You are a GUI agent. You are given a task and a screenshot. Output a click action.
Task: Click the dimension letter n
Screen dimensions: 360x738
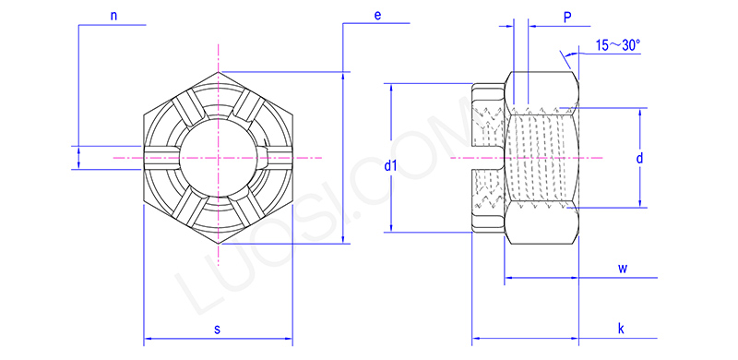[x=113, y=16]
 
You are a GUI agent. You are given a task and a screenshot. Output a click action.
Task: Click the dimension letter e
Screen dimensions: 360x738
[x=378, y=16]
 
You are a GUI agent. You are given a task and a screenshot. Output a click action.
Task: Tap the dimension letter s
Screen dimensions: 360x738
[x=217, y=329]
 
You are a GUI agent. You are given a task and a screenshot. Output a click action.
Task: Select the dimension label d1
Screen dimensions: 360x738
[x=390, y=166]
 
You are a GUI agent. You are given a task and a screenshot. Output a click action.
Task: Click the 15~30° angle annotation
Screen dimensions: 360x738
[x=617, y=44]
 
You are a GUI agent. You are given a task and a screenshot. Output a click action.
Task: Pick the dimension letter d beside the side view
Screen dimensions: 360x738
[x=639, y=159]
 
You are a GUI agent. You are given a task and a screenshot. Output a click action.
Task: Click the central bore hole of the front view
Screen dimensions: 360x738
[x=219, y=157]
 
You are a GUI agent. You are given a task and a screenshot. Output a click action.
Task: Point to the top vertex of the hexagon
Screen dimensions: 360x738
[x=219, y=71]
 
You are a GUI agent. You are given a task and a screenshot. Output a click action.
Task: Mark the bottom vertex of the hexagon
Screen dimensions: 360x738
[x=219, y=244]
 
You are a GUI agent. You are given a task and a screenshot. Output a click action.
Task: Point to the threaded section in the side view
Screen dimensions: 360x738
[x=540, y=157]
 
